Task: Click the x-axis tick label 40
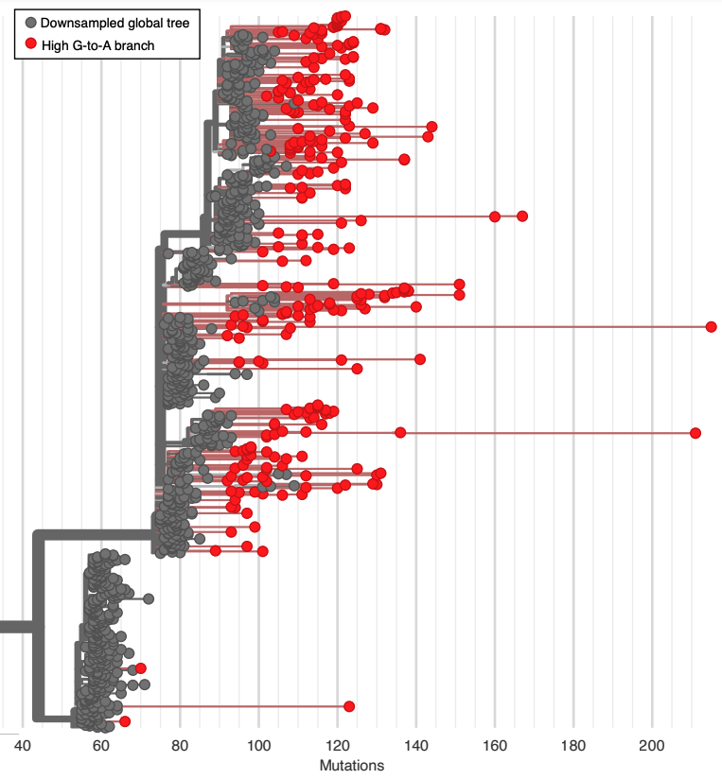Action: (x=23, y=745)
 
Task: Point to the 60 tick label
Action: (x=101, y=745)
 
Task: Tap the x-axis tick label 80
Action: (x=180, y=745)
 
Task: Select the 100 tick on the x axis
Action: (x=258, y=745)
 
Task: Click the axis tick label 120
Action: (x=337, y=745)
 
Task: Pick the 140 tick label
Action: (x=416, y=745)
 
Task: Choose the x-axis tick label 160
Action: (x=495, y=745)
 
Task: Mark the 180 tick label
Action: (x=573, y=745)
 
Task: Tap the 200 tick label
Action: (x=652, y=745)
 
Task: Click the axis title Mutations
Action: (x=352, y=765)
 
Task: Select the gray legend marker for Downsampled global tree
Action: (x=30, y=23)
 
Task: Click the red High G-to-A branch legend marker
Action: (x=30, y=43)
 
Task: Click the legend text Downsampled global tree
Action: (x=114, y=23)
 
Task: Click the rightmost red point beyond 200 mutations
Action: (x=711, y=327)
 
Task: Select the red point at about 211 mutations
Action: (x=696, y=432)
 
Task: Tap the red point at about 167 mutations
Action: (x=522, y=216)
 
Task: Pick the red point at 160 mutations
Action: (x=495, y=216)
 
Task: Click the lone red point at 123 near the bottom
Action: (x=349, y=706)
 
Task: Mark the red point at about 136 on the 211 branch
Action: (x=400, y=432)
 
